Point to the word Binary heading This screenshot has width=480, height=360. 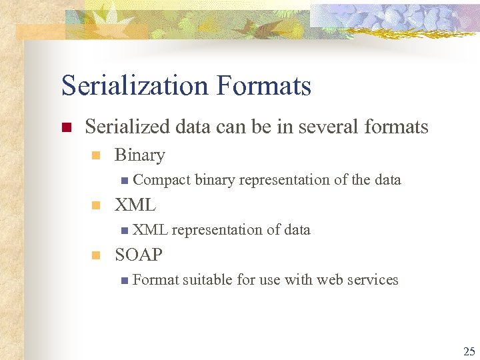pyautogui.click(x=139, y=155)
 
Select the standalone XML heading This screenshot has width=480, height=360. pyautogui.click(x=135, y=205)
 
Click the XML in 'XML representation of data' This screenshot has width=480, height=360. pyautogui.click(x=150, y=230)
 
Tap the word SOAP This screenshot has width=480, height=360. pyautogui.click(x=139, y=255)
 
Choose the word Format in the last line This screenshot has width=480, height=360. pyautogui.click(x=156, y=280)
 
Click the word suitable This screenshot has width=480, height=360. pyautogui.click(x=208, y=280)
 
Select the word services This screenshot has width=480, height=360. pyautogui.click(x=373, y=280)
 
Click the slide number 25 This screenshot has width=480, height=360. pyautogui.click(x=469, y=351)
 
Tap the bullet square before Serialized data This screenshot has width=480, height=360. pyautogui.click(x=65, y=127)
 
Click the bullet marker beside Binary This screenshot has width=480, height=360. pyautogui.click(x=95, y=156)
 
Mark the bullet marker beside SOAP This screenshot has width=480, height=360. pyautogui.click(x=95, y=255)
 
